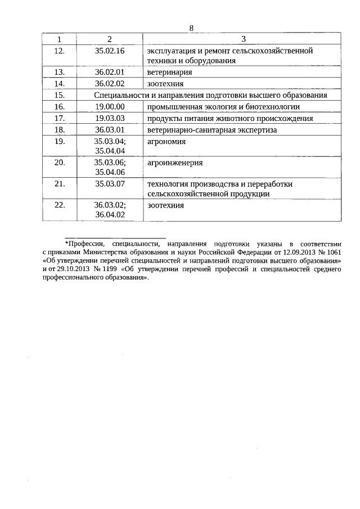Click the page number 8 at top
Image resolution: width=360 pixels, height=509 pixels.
pyautogui.click(x=191, y=29)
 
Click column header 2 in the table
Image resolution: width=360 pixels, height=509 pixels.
pyautogui.click(x=110, y=39)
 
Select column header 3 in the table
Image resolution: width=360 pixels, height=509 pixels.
pyautogui.click(x=243, y=39)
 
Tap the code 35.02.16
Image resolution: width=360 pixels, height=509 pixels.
pyautogui.click(x=110, y=51)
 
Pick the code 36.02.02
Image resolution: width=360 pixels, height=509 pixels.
pyautogui.click(x=110, y=84)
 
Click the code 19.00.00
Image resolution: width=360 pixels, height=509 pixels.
pyautogui.click(x=110, y=106)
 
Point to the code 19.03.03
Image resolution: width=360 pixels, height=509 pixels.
pyautogui.click(x=110, y=118)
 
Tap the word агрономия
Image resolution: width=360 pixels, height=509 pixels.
pyautogui.click(x=166, y=141)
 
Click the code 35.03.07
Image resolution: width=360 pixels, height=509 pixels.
pyautogui.click(x=110, y=183)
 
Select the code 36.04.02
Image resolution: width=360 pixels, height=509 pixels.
pyautogui.click(x=110, y=214)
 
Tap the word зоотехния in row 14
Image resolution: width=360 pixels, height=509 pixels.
pyautogui.click(x=165, y=84)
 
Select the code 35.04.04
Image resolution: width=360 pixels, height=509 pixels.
pyautogui.click(x=110, y=150)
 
